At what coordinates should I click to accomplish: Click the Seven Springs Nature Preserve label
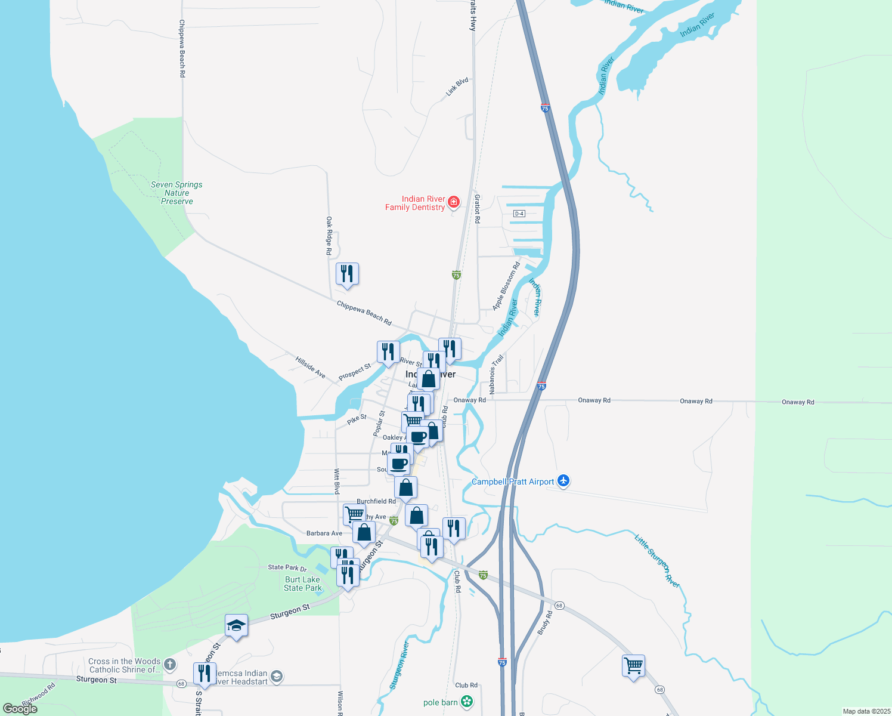point(176,193)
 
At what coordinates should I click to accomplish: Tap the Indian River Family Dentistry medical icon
point(454,203)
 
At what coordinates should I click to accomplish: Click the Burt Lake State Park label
point(303,584)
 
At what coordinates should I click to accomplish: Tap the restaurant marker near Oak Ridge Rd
point(347,274)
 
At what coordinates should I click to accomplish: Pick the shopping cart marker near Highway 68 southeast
point(633,665)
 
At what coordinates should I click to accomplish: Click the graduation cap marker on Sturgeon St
point(236,625)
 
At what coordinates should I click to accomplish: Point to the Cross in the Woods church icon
point(170,664)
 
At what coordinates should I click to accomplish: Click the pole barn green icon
point(467,702)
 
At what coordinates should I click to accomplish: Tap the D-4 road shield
point(519,214)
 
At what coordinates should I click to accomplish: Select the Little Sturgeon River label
point(657,561)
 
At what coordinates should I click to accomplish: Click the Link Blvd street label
point(457,87)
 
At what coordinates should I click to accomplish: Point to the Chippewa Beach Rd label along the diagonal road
point(364,313)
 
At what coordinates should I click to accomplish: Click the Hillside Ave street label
point(311,367)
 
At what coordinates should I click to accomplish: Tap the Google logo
point(20,708)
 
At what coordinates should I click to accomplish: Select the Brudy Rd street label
point(544,623)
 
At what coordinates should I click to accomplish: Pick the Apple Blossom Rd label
point(506,286)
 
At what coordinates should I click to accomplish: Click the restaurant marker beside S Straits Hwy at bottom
point(205,674)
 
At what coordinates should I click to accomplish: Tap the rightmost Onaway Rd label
point(798,402)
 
